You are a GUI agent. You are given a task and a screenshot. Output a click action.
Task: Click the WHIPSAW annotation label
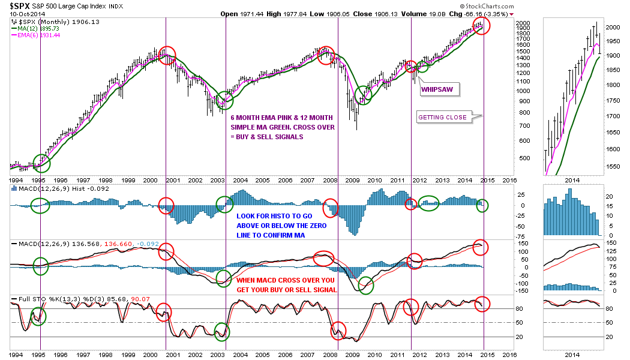point(437,90)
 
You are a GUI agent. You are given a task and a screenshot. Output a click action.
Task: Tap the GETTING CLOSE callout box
point(443,117)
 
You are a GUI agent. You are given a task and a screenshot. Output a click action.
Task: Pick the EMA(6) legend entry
point(42,35)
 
